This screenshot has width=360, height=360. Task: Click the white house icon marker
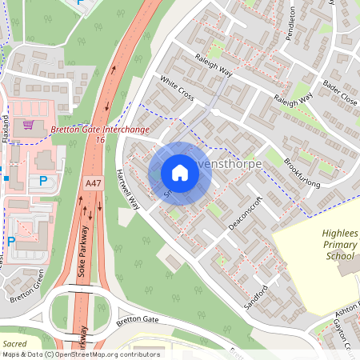point(180,173)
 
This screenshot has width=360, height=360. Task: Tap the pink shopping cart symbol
point(29,125)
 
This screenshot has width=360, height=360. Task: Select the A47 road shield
point(94,183)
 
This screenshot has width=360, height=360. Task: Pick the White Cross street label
point(177,88)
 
